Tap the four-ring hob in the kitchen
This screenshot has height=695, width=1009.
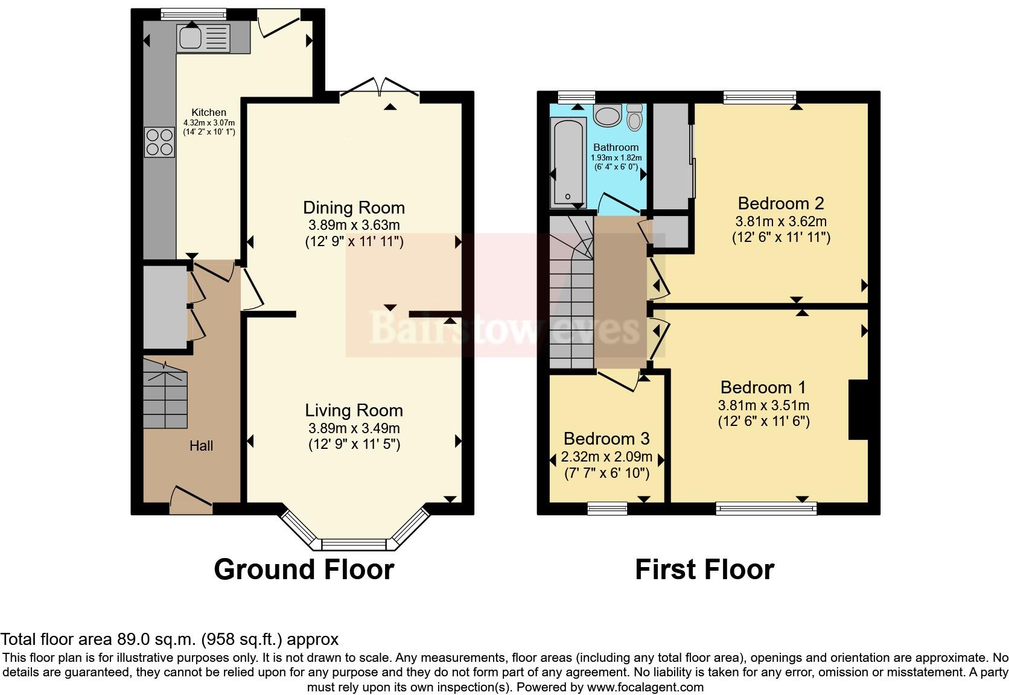tap(159, 142)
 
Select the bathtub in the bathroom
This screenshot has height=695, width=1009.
tap(568, 162)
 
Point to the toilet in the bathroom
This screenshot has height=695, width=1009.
tap(634, 117)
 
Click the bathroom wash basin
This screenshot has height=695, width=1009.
tap(608, 115)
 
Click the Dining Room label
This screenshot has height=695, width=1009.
tap(354, 208)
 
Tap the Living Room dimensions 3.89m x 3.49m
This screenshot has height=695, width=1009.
tap(354, 428)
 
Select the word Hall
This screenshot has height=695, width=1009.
tap(201, 446)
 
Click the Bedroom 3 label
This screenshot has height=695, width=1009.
tap(606, 439)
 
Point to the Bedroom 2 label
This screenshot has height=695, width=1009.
tap(780, 203)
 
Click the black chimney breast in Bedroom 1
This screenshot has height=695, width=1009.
tap(858, 410)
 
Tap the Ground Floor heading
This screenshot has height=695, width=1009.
tap(304, 570)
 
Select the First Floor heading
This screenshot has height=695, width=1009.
tap(704, 570)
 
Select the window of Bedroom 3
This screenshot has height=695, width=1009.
tap(607, 509)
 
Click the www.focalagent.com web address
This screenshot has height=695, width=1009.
tap(645, 687)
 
